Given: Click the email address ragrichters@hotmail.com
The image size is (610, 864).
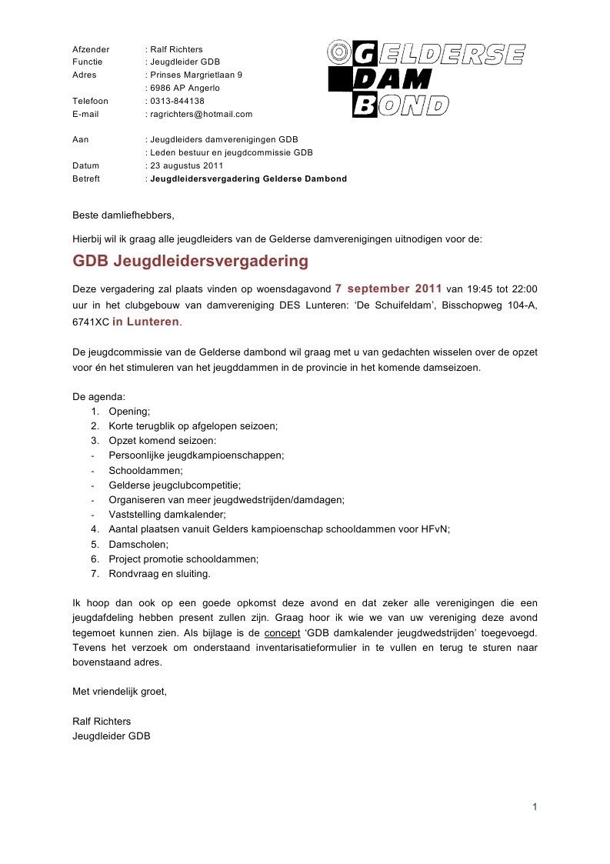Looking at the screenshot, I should (x=201, y=114).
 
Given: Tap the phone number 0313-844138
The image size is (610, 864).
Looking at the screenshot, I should (x=177, y=101).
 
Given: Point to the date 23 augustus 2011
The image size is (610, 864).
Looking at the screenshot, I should (x=186, y=165).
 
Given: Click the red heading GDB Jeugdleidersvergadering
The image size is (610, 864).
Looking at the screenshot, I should (x=190, y=261).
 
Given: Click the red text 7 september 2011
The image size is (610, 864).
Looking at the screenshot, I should (x=388, y=289).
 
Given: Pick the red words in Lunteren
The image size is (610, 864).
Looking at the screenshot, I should (x=145, y=322).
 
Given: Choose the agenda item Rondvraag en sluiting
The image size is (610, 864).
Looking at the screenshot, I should (x=159, y=573).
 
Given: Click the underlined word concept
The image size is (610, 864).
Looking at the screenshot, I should (x=282, y=633).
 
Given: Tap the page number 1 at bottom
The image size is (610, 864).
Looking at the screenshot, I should (x=534, y=806).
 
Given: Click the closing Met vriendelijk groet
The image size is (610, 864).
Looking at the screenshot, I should (x=119, y=692).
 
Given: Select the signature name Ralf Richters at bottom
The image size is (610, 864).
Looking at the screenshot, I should (x=102, y=721).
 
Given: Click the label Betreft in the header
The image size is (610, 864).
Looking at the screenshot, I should (x=86, y=178).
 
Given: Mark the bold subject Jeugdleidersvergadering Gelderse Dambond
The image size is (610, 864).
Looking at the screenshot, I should (x=248, y=178).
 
